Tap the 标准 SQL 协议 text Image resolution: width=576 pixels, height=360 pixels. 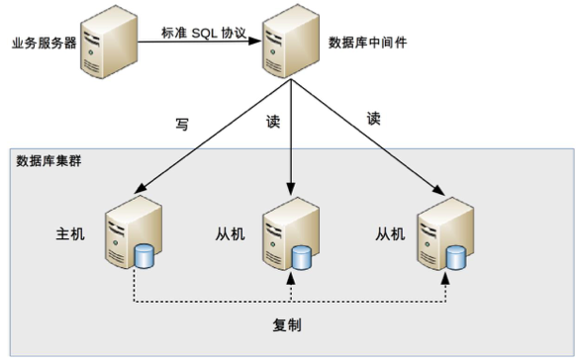point(202,32)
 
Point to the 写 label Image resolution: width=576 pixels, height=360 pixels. point(181,125)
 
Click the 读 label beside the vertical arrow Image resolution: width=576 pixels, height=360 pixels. point(273,122)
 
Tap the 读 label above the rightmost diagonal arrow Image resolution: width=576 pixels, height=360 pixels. point(373,118)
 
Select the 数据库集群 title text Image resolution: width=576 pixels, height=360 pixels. point(49,160)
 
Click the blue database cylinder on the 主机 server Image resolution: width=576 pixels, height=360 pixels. point(145,258)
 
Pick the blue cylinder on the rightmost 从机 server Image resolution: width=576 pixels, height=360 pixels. point(455,258)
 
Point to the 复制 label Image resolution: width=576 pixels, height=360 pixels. point(287,324)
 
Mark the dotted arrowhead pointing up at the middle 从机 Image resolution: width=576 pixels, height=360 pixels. point(291,280)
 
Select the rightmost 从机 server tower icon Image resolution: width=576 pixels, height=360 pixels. point(441,233)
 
